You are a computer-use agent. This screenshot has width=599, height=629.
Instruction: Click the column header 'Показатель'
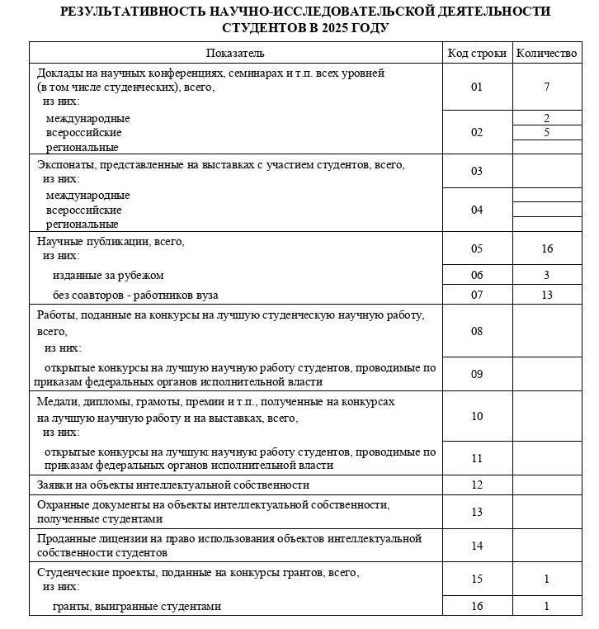235,54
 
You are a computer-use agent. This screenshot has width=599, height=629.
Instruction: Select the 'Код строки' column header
477,54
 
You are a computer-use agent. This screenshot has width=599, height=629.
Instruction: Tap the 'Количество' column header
546,54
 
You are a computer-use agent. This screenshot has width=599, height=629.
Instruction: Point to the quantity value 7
546,87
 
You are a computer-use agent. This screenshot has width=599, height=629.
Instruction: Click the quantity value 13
546,295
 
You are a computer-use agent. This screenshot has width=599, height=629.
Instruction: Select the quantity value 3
546,275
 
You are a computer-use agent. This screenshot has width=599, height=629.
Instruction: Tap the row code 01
477,87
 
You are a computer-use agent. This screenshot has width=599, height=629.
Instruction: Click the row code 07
477,295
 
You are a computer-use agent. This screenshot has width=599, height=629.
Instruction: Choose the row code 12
477,485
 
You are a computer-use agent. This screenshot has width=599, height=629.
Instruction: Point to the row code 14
477,546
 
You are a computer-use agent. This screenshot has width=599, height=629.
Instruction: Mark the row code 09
477,375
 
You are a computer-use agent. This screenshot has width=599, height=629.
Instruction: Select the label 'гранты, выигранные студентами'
137,607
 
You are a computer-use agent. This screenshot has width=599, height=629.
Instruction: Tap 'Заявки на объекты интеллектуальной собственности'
173,485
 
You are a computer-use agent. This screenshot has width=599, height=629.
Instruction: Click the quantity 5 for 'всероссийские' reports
546,132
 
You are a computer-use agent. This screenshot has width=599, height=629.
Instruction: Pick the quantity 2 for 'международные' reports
546,118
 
